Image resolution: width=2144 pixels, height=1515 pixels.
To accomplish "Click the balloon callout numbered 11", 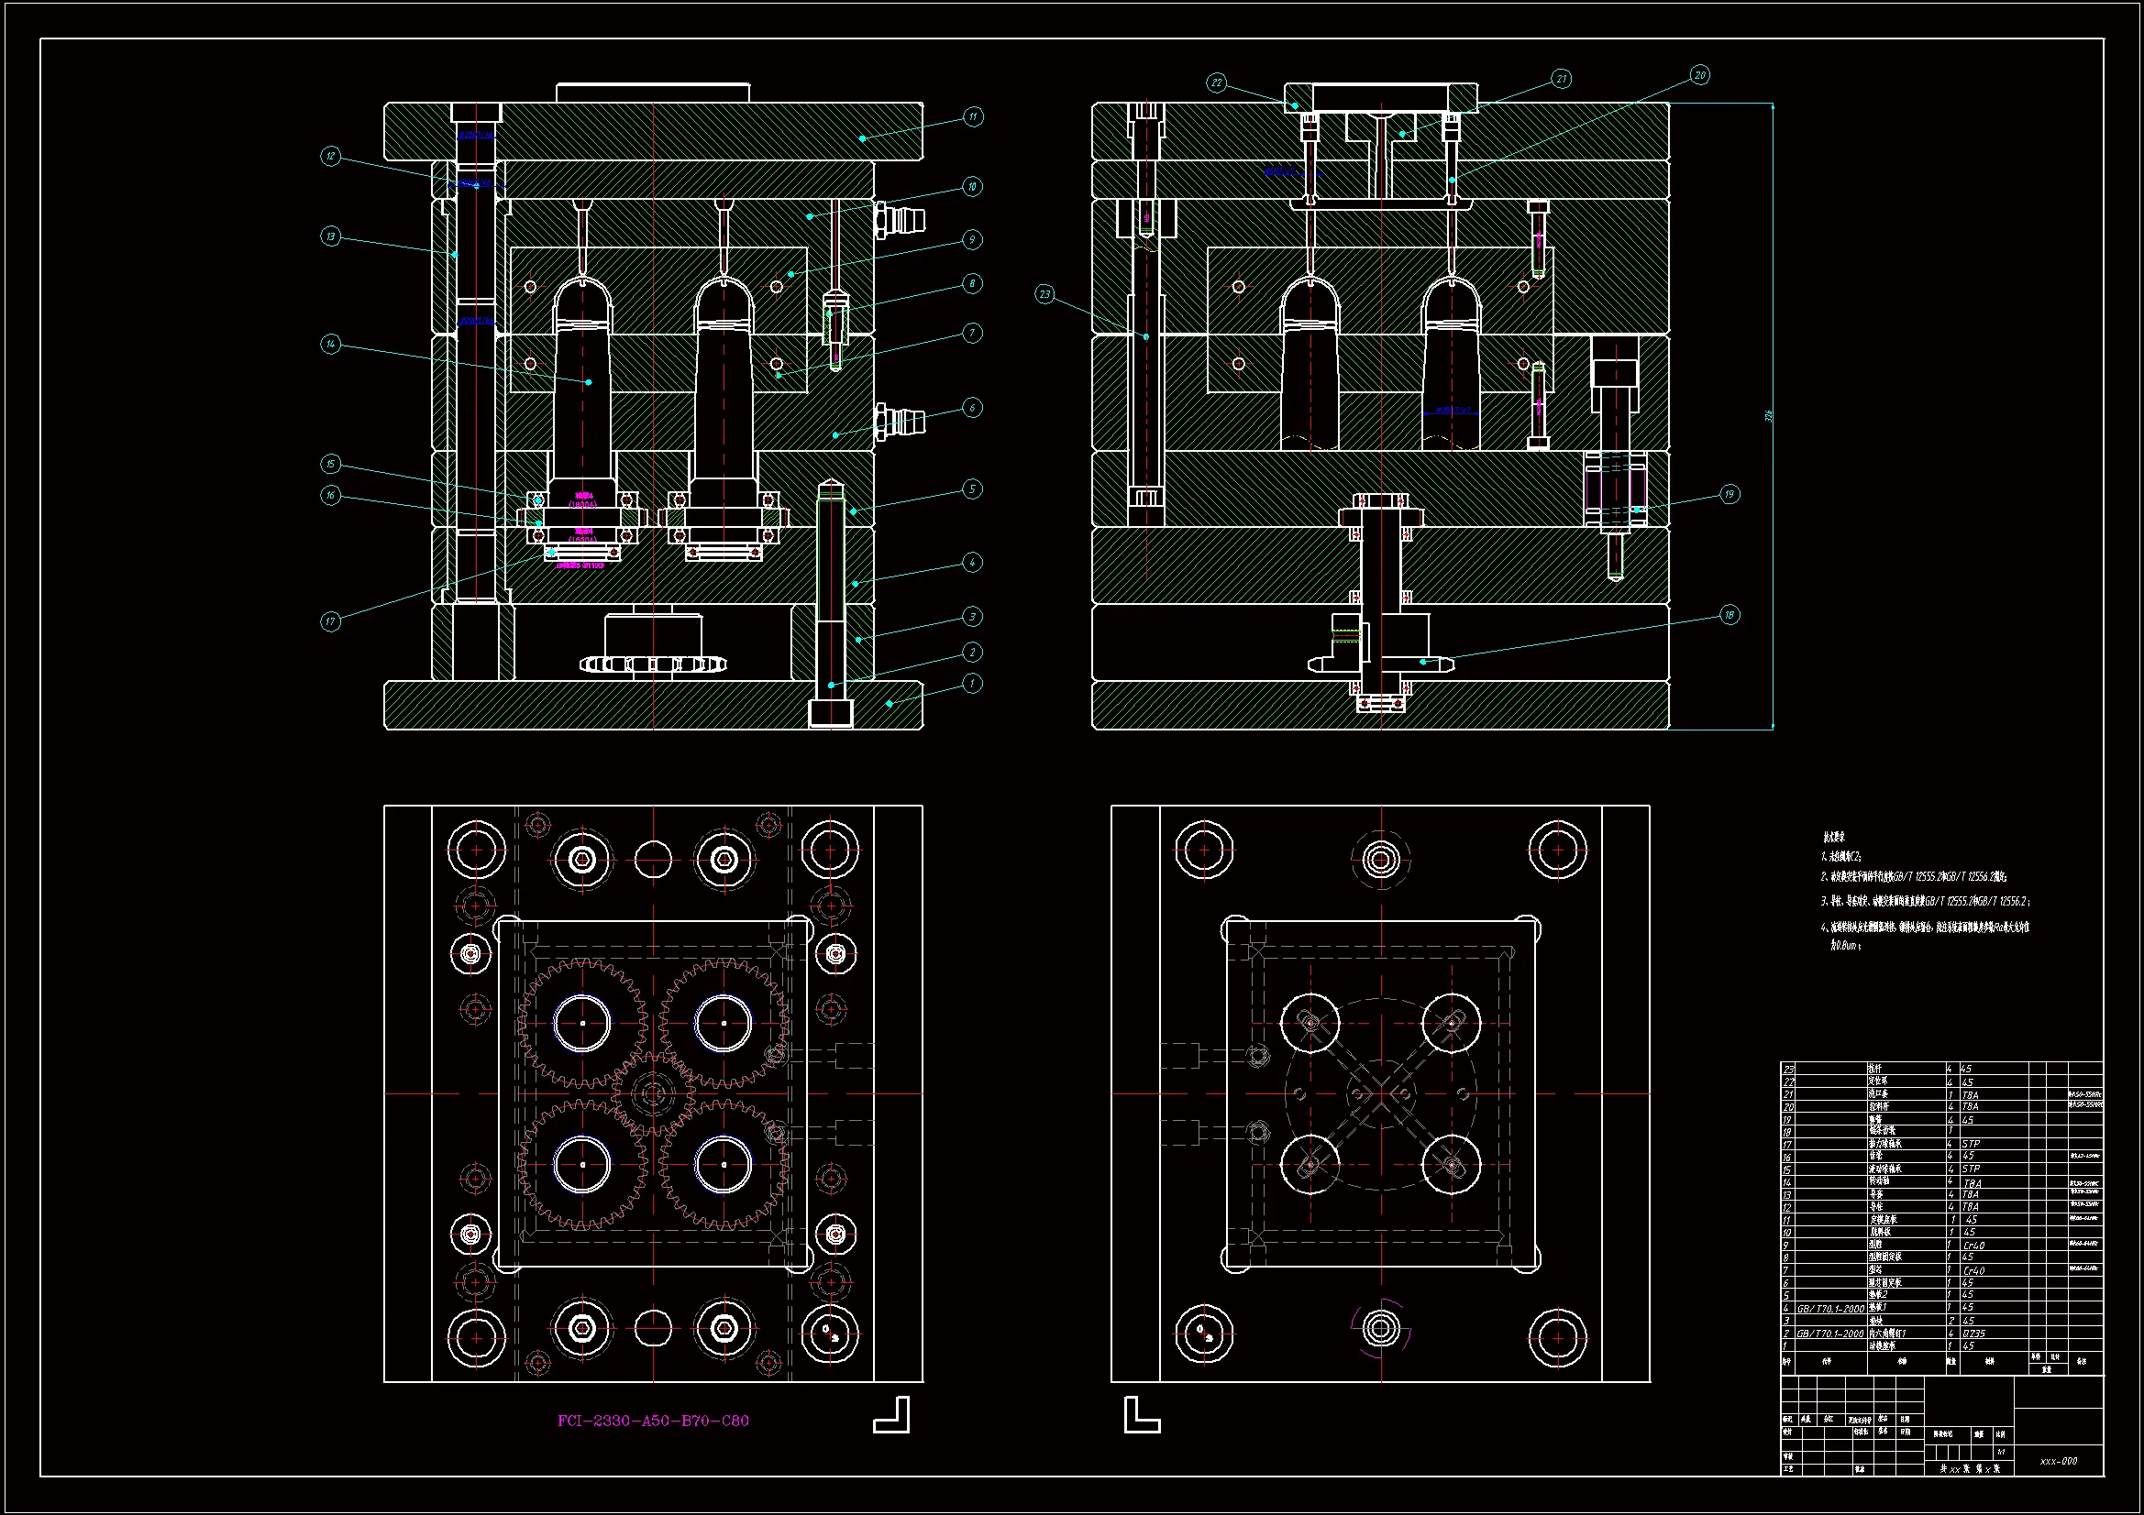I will (x=973, y=116).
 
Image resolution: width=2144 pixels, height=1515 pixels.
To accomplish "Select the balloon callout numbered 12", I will (x=330, y=156).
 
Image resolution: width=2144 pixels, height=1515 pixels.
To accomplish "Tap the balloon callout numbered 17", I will (x=330, y=621).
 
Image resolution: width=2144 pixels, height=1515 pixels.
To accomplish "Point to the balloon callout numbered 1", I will (x=972, y=684).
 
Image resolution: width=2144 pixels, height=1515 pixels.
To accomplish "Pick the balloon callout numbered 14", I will (x=330, y=345).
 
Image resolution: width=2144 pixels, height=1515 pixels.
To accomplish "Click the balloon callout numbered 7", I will (x=972, y=334).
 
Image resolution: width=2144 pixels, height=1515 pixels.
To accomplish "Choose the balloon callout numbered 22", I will (x=1216, y=83).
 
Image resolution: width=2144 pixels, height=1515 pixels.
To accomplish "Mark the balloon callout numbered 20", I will (x=1699, y=75).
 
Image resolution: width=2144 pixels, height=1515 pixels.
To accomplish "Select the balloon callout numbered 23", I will (x=1044, y=294).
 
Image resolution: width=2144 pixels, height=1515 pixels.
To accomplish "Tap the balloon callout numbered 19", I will (x=1730, y=494).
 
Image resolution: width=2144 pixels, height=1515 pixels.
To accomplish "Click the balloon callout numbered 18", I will (x=1730, y=615).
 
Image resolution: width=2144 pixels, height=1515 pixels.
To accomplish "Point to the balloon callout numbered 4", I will (x=972, y=562).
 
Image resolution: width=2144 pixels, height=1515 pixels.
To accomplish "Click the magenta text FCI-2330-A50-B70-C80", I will (x=653, y=1421).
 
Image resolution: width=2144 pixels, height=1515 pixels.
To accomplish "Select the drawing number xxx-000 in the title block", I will (x=2058, y=1461).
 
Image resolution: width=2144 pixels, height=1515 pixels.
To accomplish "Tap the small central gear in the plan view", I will (x=653, y=1093).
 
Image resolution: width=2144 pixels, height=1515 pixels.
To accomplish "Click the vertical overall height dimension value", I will (x=1768, y=415).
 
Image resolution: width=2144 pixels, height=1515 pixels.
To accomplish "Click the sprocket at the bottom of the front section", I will (x=653, y=664).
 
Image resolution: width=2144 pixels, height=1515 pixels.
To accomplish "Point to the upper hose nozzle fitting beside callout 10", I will (x=901, y=220).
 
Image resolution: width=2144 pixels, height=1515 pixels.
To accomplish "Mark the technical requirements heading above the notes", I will (x=1833, y=838).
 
